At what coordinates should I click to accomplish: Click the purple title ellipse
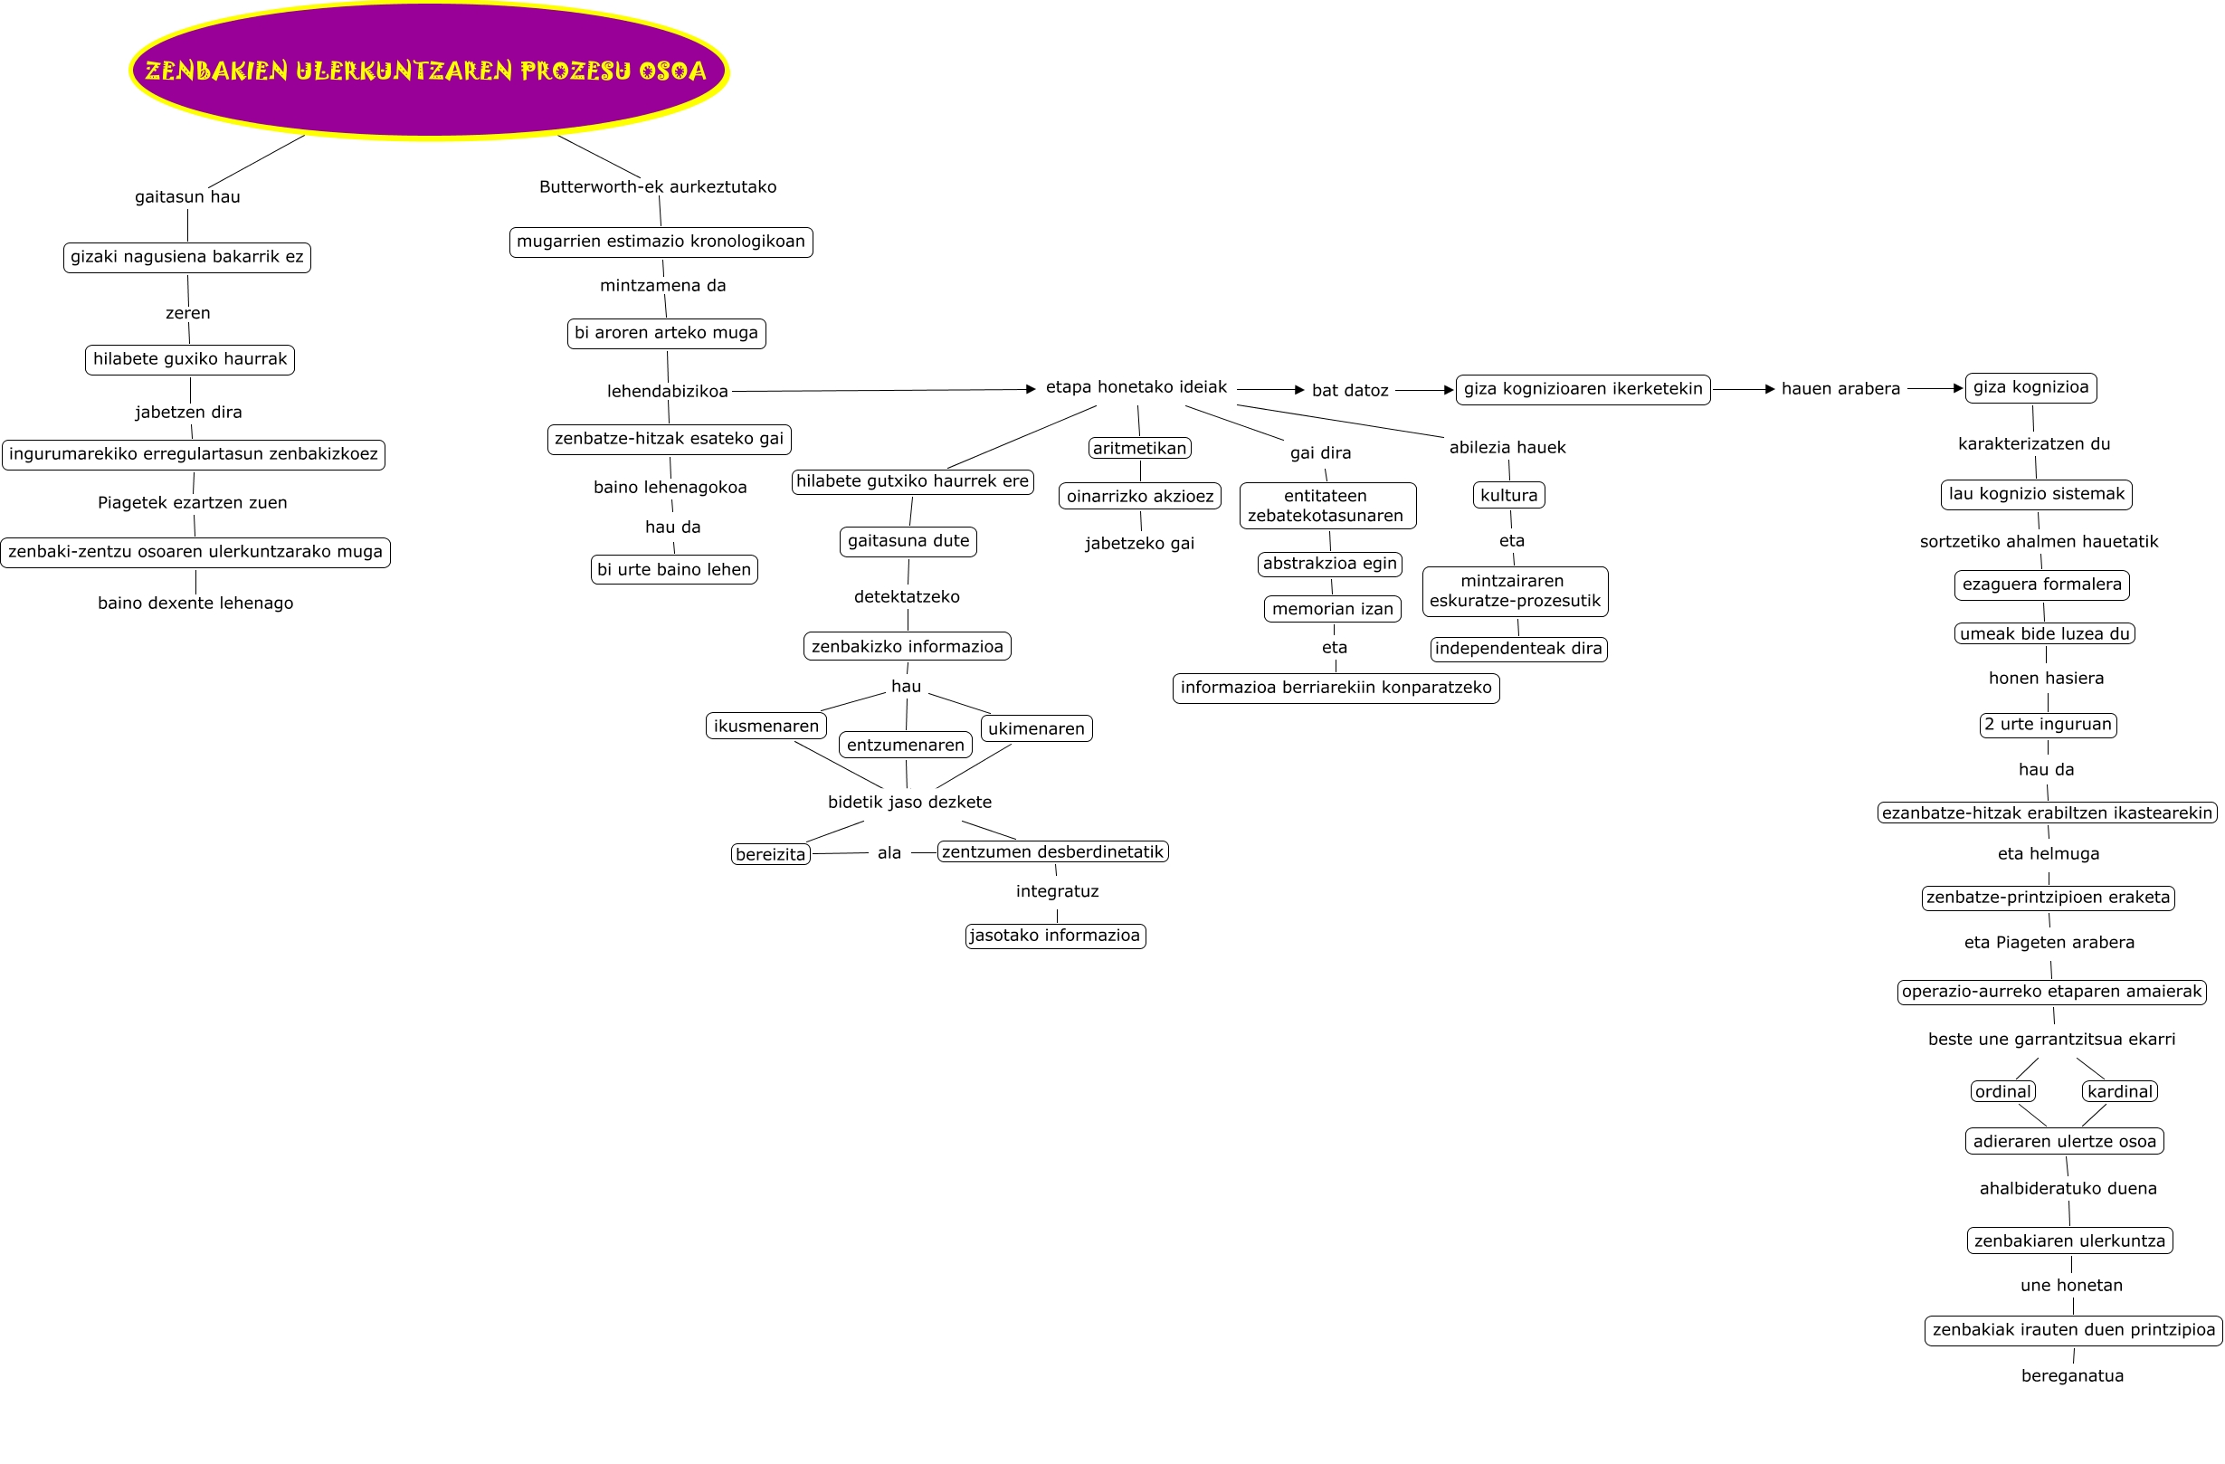pyautogui.click(x=428, y=71)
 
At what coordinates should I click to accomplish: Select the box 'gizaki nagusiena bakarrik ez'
pyautogui.click(x=187, y=257)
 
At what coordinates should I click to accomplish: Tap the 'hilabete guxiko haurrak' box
pyautogui.click(x=190, y=360)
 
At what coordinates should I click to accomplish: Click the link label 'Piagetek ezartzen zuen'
pyautogui.click(x=193, y=503)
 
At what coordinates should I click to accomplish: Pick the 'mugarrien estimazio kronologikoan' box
pyautogui.click(x=661, y=242)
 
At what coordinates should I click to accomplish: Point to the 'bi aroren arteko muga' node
pyautogui.click(x=667, y=334)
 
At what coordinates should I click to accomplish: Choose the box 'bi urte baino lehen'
pyautogui.click(x=674, y=569)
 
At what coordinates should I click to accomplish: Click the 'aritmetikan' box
pyautogui.click(x=1139, y=449)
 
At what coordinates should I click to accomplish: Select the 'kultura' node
pyautogui.click(x=1509, y=496)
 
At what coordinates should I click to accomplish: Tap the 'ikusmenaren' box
pyautogui.click(x=765, y=727)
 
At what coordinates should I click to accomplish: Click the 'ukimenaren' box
pyautogui.click(x=1036, y=729)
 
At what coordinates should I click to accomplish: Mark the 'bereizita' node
pyautogui.click(x=770, y=854)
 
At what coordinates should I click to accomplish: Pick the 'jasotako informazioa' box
pyautogui.click(x=1055, y=936)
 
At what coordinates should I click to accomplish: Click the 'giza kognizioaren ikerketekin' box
pyautogui.click(x=1583, y=390)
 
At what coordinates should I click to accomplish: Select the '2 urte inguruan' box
pyautogui.click(x=2049, y=725)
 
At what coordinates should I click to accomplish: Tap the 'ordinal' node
pyautogui.click(x=2003, y=1092)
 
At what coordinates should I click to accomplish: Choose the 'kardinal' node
pyautogui.click(x=2120, y=1092)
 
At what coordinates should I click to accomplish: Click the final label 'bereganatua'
pyautogui.click(x=2073, y=1376)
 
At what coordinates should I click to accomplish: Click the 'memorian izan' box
pyautogui.click(x=1332, y=610)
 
